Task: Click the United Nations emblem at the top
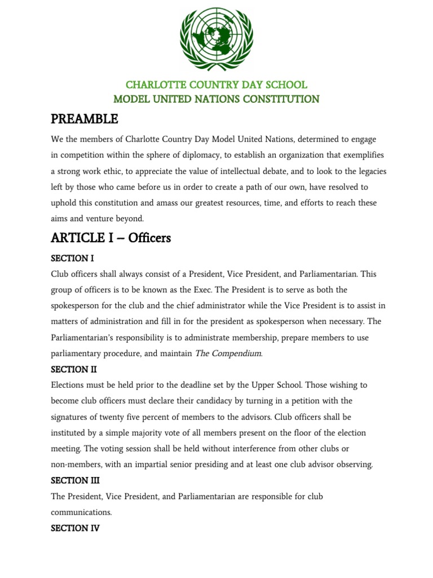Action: [x=216, y=38]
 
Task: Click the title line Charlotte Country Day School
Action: [x=216, y=85]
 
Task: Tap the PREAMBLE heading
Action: [x=85, y=119]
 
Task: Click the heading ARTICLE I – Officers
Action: [x=111, y=238]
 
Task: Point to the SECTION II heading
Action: [x=74, y=370]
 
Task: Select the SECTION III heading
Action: [x=75, y=481]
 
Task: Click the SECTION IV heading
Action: [x=75, y=529]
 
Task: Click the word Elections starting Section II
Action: [x=70, y=385]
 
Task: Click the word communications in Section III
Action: [x=81, y=513]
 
